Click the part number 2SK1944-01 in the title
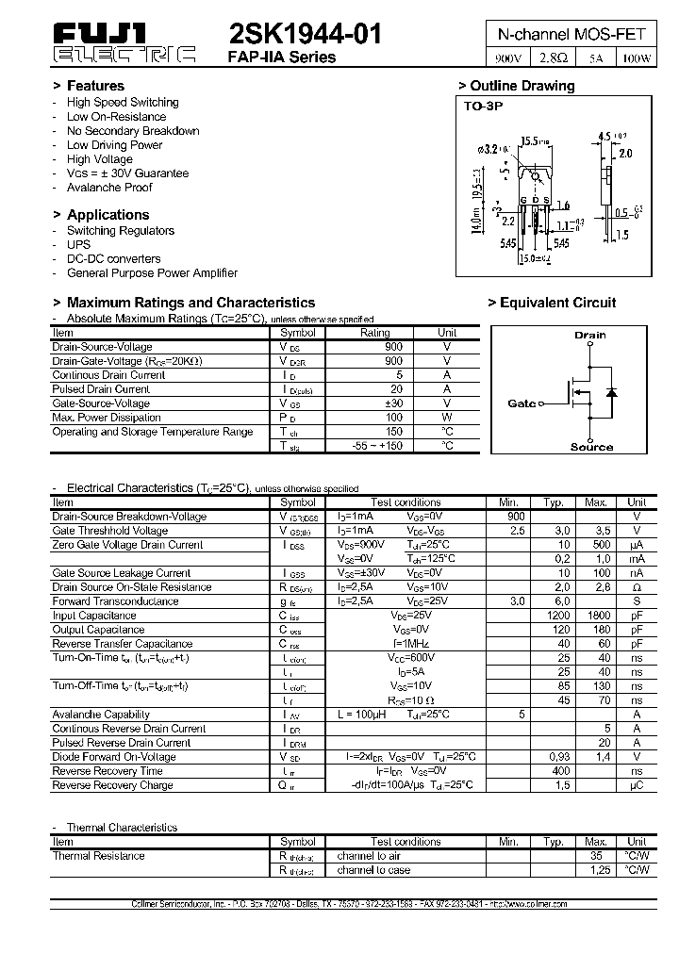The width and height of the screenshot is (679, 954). point(306,35)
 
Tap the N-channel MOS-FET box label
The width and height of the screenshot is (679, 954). point(571,34)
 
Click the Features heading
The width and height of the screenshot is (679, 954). point(95,86)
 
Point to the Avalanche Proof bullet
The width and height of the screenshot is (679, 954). point(109,188)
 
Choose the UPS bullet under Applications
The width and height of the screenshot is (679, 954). point(78,244)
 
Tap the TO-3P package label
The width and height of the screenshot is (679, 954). point(483,107)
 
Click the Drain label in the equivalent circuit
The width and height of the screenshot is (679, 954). point(590,335)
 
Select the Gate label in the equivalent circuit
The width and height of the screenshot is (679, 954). point(522,403)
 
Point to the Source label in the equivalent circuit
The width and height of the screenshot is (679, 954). point(591,447)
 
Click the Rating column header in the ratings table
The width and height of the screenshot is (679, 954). point(375,333)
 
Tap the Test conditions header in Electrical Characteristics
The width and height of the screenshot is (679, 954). point(406,502)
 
